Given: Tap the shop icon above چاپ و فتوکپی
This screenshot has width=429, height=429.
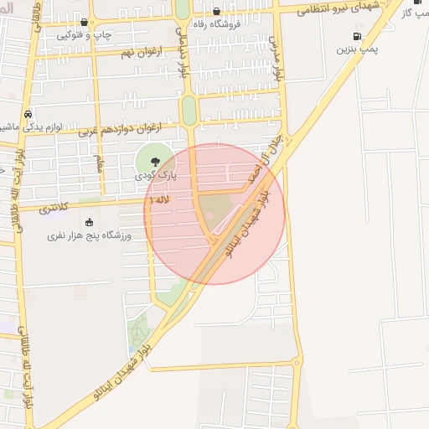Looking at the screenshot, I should [x=85, y=23].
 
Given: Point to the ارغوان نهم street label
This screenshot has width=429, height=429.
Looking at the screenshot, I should [x=137, y=54].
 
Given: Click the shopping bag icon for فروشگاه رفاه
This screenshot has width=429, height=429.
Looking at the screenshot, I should [x=216, y=12].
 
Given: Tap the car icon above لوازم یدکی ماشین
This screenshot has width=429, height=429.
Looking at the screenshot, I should [x=28, y=113].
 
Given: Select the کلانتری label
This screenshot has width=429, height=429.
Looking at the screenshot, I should [x=54, y=207].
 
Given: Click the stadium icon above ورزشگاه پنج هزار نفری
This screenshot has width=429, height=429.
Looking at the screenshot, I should [x=90, y=222].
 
